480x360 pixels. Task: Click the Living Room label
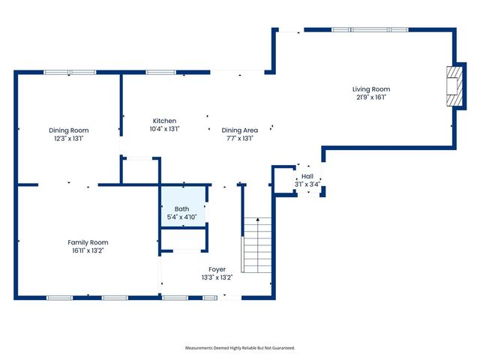click(371, 89)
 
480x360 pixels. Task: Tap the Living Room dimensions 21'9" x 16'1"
click(371, 97)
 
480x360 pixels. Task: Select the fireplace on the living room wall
click(452, 88)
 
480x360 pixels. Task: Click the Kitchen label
click(164, 121)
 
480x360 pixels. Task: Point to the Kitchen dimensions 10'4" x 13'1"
click(164, 128)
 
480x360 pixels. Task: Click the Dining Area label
click(240, 130)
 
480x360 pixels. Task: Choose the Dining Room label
click(68, 130)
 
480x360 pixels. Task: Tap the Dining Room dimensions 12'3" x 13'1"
click(68, 138)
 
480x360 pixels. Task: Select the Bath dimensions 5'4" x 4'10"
click(182, 217)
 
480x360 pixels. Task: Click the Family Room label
click(88, 242)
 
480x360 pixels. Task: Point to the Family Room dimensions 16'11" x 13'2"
click(88, 250)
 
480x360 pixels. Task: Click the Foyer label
click(217, 268)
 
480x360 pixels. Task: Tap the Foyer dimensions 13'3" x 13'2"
click(217, 277)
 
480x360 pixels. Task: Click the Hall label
click(307, 176)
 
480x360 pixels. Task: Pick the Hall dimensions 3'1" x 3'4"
click(307, 184)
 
